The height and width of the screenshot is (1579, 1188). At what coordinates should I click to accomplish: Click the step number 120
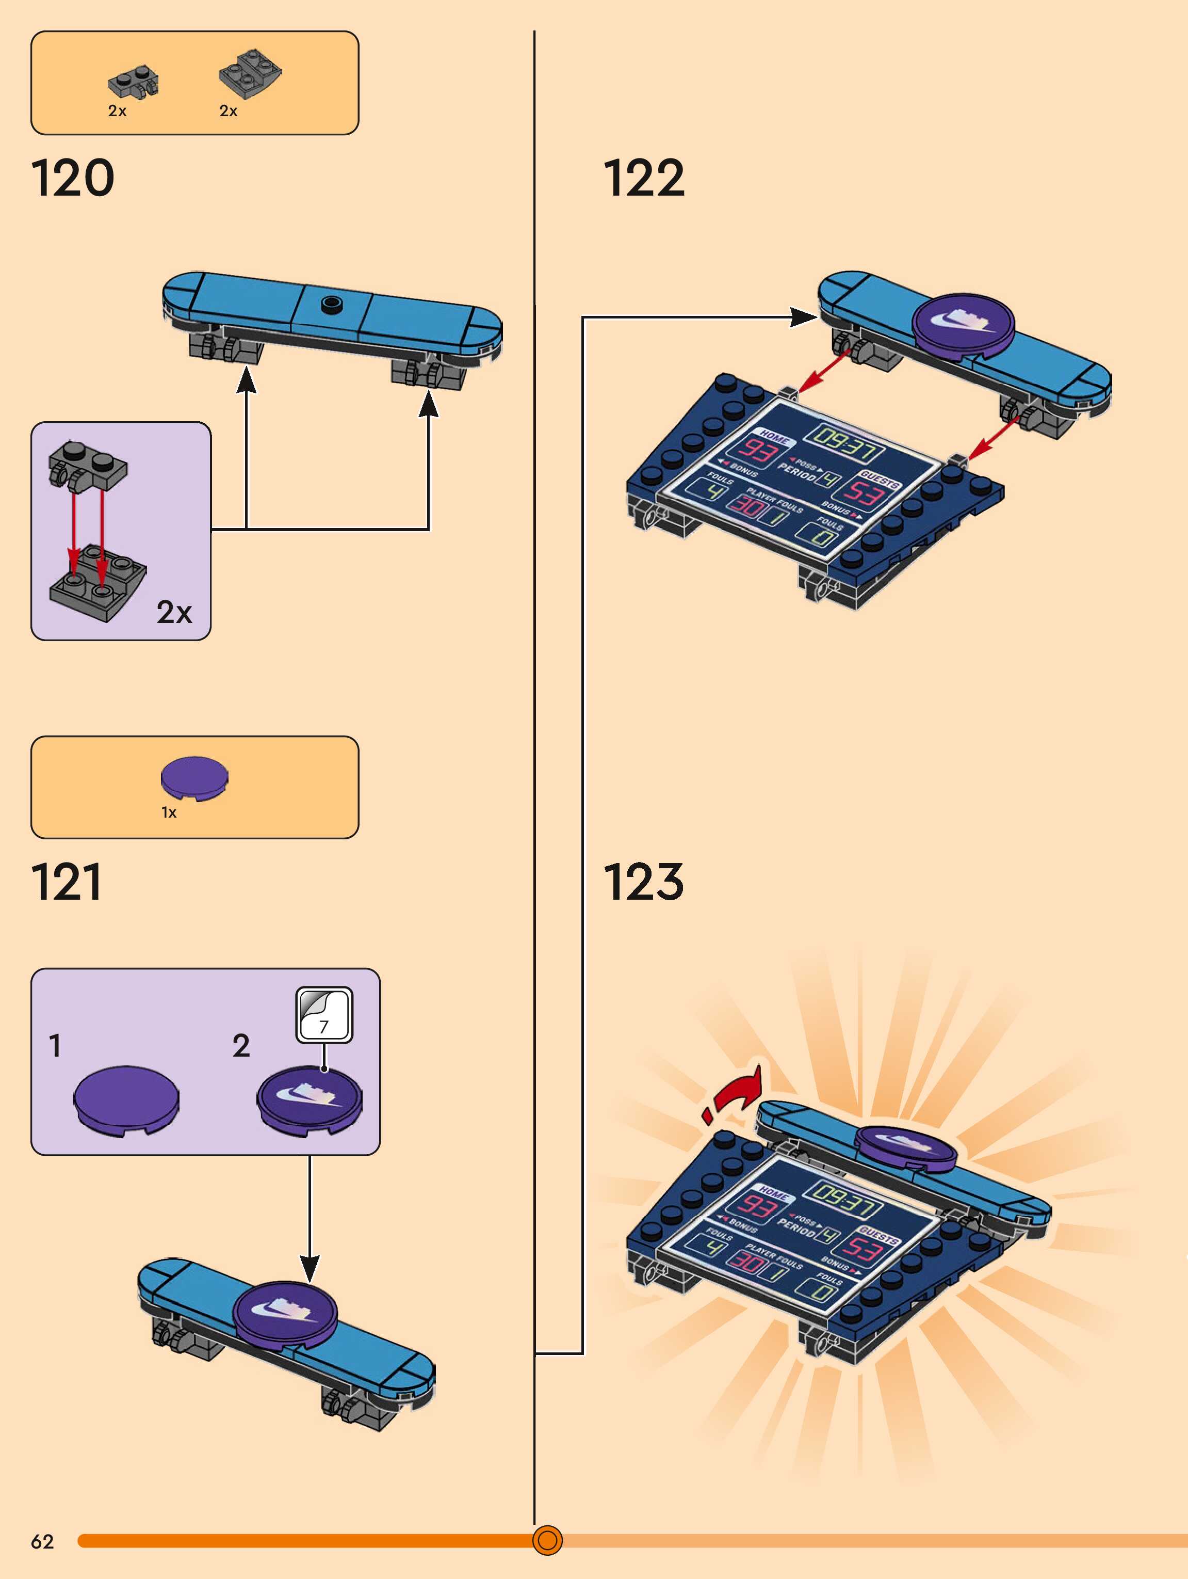coord(72,179)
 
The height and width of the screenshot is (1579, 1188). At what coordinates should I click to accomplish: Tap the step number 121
coord(67,882)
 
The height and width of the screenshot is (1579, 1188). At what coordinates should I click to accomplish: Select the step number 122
coord(644,179)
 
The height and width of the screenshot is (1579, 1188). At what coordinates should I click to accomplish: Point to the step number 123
coord(644,882)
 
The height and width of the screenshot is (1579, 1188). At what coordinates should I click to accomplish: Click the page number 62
coord(42,1541)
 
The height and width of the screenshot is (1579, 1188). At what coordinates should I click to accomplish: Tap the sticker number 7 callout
coord(324,1014)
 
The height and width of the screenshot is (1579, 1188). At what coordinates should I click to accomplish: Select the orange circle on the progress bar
coord(547,1540)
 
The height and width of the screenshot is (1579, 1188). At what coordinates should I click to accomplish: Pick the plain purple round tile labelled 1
coord(126,1098)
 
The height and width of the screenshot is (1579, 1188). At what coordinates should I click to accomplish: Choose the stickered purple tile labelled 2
coord(309,1098)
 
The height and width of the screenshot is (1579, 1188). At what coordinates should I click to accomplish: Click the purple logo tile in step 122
coord(963,323)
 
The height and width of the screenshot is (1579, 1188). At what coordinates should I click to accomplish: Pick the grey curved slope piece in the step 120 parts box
coord(250,73)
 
